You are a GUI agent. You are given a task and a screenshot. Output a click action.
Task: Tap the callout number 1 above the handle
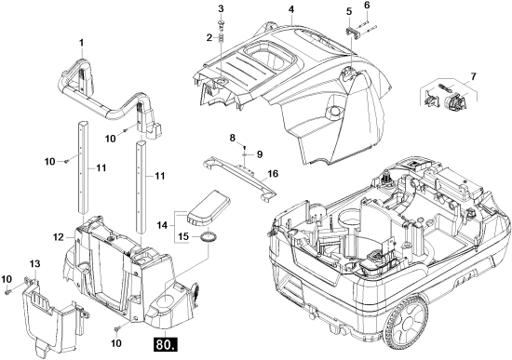(82, 43)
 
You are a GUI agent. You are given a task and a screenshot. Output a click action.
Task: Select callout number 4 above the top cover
(291, 9)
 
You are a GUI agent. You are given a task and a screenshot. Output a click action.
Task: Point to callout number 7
(473, 76)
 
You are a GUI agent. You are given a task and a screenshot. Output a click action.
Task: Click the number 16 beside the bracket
(274, 174)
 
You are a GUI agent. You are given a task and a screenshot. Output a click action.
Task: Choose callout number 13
(34, 263)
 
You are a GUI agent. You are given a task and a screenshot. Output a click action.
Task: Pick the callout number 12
(59, 237)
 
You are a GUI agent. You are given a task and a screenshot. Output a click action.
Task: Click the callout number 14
(162, 225)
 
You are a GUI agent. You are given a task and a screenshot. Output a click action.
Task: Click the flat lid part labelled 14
(209, 208)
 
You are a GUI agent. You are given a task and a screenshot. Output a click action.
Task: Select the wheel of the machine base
(406, 321)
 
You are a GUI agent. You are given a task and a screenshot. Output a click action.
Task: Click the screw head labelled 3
(222, 22)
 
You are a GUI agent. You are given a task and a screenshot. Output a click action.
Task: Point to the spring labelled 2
(222, 37)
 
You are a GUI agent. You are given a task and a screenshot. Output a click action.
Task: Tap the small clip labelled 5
(352, 32)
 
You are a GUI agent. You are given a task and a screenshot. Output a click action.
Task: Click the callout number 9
(260, 154)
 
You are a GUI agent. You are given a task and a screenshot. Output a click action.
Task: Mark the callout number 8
(232, 138)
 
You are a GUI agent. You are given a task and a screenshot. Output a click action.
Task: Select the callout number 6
(367, 6)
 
